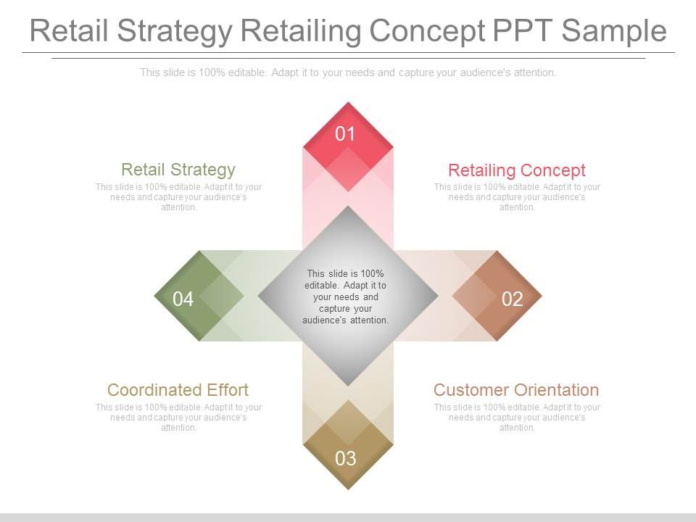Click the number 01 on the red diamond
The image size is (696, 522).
[346, 133]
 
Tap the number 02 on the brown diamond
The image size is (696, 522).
[512, 299]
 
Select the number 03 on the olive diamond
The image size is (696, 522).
[346, 458]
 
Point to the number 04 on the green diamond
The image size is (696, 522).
[183, 299]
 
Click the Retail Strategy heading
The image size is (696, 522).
[178, 170]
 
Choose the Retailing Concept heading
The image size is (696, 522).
[516, 170]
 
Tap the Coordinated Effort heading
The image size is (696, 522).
[178, 389]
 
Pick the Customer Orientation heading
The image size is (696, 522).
[516, 389]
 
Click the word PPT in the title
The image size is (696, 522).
[521, 31]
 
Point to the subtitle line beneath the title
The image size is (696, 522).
[348, 72]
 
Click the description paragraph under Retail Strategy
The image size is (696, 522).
[178, 197]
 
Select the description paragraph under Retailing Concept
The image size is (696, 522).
[517, 197]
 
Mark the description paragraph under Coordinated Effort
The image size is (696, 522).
[178, 418]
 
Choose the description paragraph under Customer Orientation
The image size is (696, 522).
[517, 418]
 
